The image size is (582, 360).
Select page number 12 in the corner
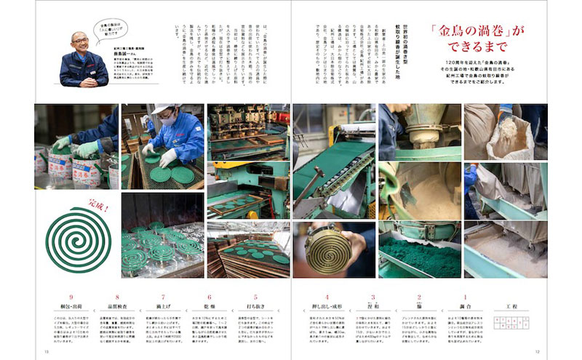[536, 352]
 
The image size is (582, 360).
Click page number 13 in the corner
[45, 352]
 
